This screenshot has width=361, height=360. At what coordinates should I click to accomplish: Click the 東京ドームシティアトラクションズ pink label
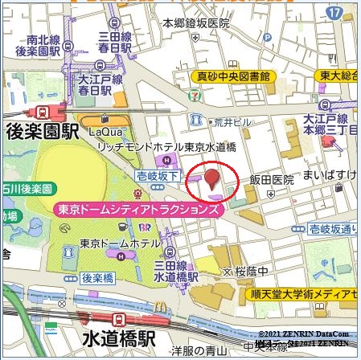pyautogui.click(x=137, y=209)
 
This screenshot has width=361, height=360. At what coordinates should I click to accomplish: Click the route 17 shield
pyautogui.click(x=335, y=13)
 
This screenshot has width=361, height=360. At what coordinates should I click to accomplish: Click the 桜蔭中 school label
pyautogui.click(x=252, y=270)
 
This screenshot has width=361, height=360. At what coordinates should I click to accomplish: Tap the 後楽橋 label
pyautogui.click(x=98, y=278)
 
